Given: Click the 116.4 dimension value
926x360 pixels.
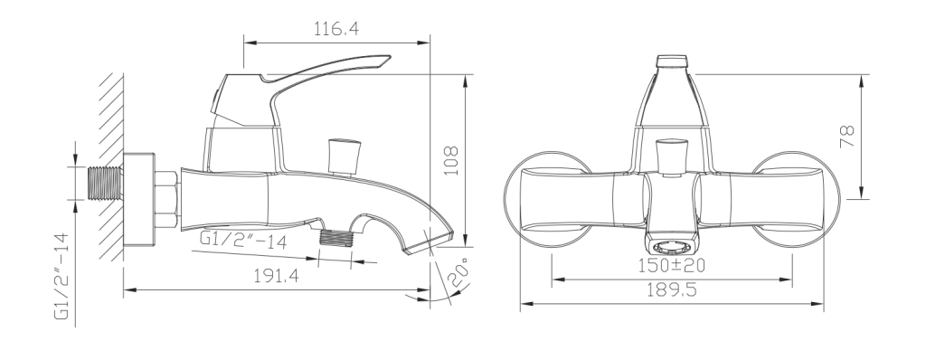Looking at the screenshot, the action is (x=336, y=28).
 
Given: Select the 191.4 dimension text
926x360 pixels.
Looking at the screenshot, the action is (x=277, y=276).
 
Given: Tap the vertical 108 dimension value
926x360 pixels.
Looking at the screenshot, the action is (x=451, y=160).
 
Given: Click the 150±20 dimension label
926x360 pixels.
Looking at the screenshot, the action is (x=672, y=265).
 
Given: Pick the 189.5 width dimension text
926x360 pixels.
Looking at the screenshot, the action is (x=672, y=289).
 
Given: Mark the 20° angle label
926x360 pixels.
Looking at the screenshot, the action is (x=460, y=272).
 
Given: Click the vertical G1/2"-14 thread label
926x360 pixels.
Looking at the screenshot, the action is (x=62, y=276).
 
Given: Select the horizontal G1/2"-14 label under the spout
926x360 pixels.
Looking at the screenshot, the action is (x=243, y=240).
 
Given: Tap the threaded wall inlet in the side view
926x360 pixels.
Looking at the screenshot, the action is (x=105, y=183).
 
